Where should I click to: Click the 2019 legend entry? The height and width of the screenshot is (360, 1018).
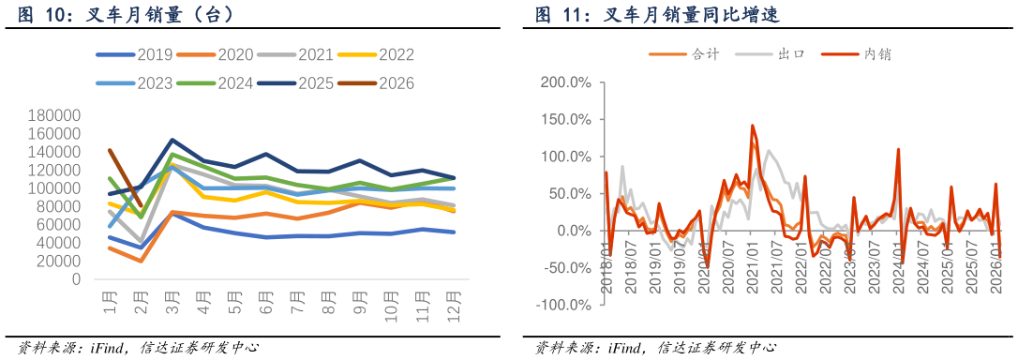pyautogui.click(x=134, y=54)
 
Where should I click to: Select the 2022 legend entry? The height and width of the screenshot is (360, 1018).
pyautogui.click(x=377, y=54)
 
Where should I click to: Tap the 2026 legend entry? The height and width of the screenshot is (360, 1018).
pyautogui.click(x=377, y=83)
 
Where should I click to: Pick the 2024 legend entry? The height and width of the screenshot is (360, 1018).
pyautogui.click(x=215, y=83)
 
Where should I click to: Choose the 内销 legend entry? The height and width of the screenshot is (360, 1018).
pyautogui.click(x=857, y=54)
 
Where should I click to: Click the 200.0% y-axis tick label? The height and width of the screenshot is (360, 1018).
pyautogui.click(x=564, y=83)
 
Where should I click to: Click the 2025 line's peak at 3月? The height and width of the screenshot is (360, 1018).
pyautogui.click(x=172, y=140)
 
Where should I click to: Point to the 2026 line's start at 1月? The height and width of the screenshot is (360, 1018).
pyautogui.click(x=110, y=150)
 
